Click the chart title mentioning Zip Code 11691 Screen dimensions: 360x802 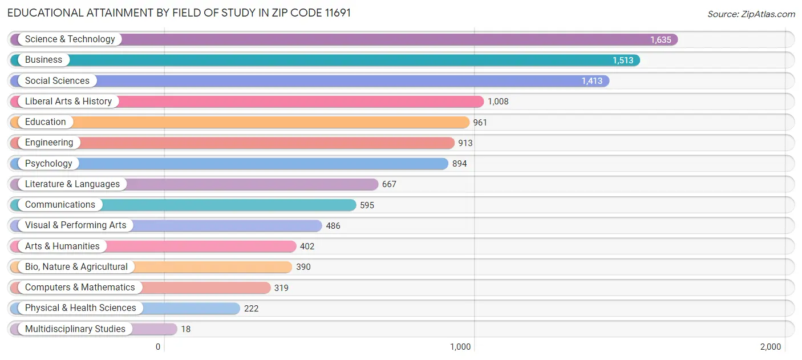tap(179, 13)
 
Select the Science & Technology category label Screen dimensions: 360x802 tap(70, 39)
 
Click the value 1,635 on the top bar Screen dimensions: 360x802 tap(661, 40)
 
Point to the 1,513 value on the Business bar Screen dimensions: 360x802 tap(623, 60)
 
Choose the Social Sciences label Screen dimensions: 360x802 tap(57, 81)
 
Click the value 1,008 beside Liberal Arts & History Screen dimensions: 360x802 tap(497, 102)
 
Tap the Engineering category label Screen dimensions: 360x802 tap(49, 143)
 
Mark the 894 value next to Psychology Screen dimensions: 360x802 tap(459, 164)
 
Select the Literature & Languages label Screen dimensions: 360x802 tap(72, 184)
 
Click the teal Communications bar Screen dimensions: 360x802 tap(228, 205)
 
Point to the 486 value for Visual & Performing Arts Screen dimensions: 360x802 tap(333, 226)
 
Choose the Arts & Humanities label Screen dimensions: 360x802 tap(62, 246)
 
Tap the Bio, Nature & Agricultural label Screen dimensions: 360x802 tap(76, 267)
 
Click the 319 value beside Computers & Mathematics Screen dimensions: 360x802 tap(281, 288)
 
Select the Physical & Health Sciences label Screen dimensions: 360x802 tap(80, 308)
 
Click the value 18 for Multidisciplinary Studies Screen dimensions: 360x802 tap(186, 329)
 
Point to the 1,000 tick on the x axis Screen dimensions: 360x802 tap(460, 347)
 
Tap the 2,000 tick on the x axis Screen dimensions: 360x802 tap(770, 347)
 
